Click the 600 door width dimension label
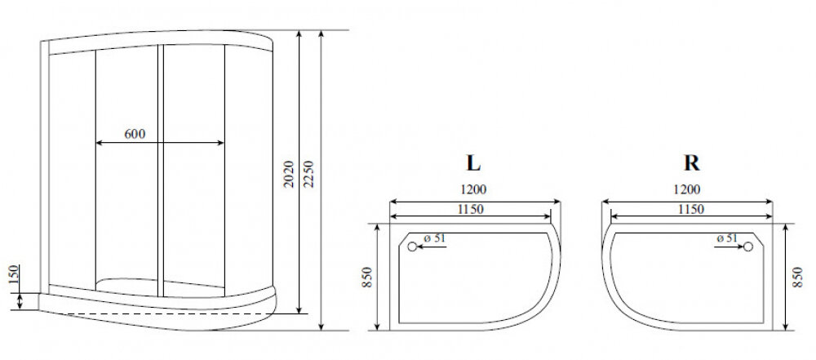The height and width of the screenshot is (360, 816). (135, 134)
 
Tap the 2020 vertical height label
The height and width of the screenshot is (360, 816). (290, 174)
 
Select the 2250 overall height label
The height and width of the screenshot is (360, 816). (308, 174)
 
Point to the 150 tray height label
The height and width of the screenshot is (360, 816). (14, 274)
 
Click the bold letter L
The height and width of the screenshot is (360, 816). (473, 163)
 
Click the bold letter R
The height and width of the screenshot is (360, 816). (692, 163)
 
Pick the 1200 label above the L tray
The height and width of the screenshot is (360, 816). (473, 189)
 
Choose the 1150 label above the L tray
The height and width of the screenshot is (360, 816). (471, 210)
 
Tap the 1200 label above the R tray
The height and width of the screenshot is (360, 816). (687, 189)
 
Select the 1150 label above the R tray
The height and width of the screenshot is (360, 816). (691, 210)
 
